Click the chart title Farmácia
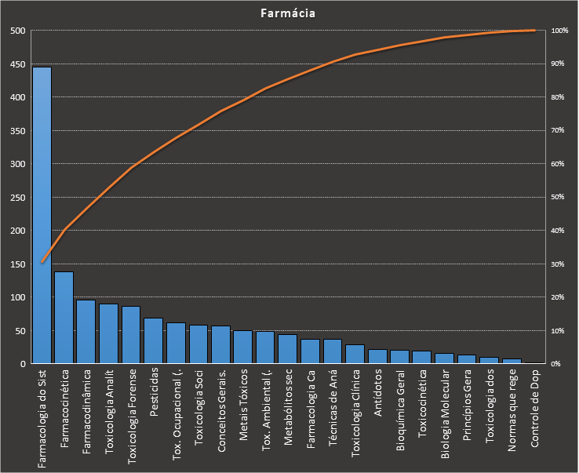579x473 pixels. [x=289, y=13]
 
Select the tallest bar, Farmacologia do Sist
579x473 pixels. [x=42, y=216]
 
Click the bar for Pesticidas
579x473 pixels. [x=153, y=340]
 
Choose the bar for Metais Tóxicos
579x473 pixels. [x=242, y=347]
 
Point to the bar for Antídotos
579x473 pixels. [x=378, y=356]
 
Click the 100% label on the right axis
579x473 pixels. [x=559, y=31]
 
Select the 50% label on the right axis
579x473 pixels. [x=558, y=198]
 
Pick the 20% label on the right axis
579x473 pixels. [x=558, y=297]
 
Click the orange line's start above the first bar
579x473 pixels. [x=42, y=262]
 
